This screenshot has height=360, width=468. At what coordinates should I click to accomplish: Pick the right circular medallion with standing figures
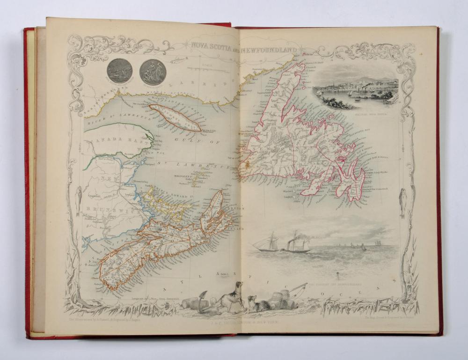[153, 72]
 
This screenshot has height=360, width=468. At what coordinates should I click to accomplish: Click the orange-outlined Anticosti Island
[175, 117]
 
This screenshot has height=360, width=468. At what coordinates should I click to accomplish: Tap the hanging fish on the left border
[79, 194]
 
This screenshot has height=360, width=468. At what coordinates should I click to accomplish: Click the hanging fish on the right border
[402, 202]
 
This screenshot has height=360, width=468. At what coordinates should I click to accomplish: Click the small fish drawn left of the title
[177, 59]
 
